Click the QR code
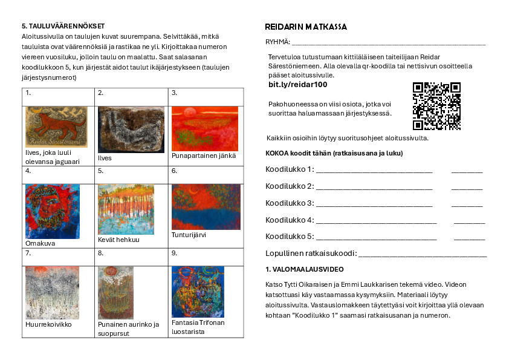436,106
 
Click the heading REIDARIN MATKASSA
306,27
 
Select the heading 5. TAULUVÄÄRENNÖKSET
63,26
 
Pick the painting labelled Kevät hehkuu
126,209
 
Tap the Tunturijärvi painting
206,206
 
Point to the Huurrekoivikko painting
52,293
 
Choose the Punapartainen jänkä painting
205,128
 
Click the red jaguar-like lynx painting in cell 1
56,126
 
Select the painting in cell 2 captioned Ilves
131,129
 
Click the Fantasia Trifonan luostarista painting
198,292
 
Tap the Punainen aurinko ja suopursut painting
115,293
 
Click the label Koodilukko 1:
290,169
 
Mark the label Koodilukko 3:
290,203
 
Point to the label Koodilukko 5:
290,236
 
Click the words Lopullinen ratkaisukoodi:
311,253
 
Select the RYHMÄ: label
277,42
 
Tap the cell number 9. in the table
175,252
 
